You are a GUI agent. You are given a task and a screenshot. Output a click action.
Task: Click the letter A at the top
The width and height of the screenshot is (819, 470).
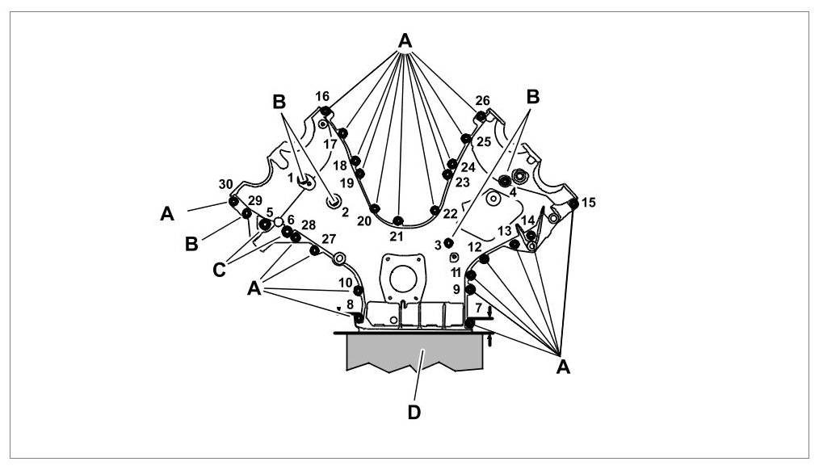(405, 40)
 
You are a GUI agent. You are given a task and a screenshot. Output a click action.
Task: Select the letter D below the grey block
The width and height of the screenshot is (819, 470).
(414, 412)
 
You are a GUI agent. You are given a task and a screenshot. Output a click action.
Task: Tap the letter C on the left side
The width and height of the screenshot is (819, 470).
(219, 271)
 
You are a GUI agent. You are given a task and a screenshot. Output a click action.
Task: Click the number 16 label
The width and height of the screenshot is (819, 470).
(322, 96)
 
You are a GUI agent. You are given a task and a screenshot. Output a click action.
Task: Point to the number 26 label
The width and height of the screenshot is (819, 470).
(482, 101)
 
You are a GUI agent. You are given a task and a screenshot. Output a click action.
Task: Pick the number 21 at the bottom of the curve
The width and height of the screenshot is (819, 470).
(396, 237)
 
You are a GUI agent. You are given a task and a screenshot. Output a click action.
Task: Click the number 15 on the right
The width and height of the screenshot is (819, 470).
(588, 203)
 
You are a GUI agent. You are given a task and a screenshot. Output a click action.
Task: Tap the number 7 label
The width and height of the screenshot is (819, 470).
(478, 308)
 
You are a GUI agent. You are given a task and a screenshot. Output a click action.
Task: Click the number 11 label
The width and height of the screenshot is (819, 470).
(456, 272)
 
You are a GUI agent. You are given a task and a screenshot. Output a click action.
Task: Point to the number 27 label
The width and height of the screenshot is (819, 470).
(328, 239)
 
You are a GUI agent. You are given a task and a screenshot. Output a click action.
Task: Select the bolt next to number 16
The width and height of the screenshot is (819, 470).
(325, 111)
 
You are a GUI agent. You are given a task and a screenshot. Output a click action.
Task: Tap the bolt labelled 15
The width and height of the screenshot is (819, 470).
(573, 204)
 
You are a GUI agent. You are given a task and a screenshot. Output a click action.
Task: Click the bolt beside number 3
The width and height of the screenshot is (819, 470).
(448, 243)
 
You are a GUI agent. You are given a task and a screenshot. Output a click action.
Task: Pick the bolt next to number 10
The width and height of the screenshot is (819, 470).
(359, 290)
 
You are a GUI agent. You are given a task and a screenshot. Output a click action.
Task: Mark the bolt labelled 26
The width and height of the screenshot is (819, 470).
(481, 117)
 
